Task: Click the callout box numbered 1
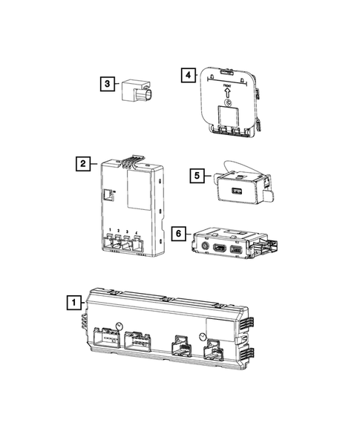(73, 302)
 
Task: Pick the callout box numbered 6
(177, 232)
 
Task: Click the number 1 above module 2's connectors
(110, 230)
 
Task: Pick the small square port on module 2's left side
(108, 194)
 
